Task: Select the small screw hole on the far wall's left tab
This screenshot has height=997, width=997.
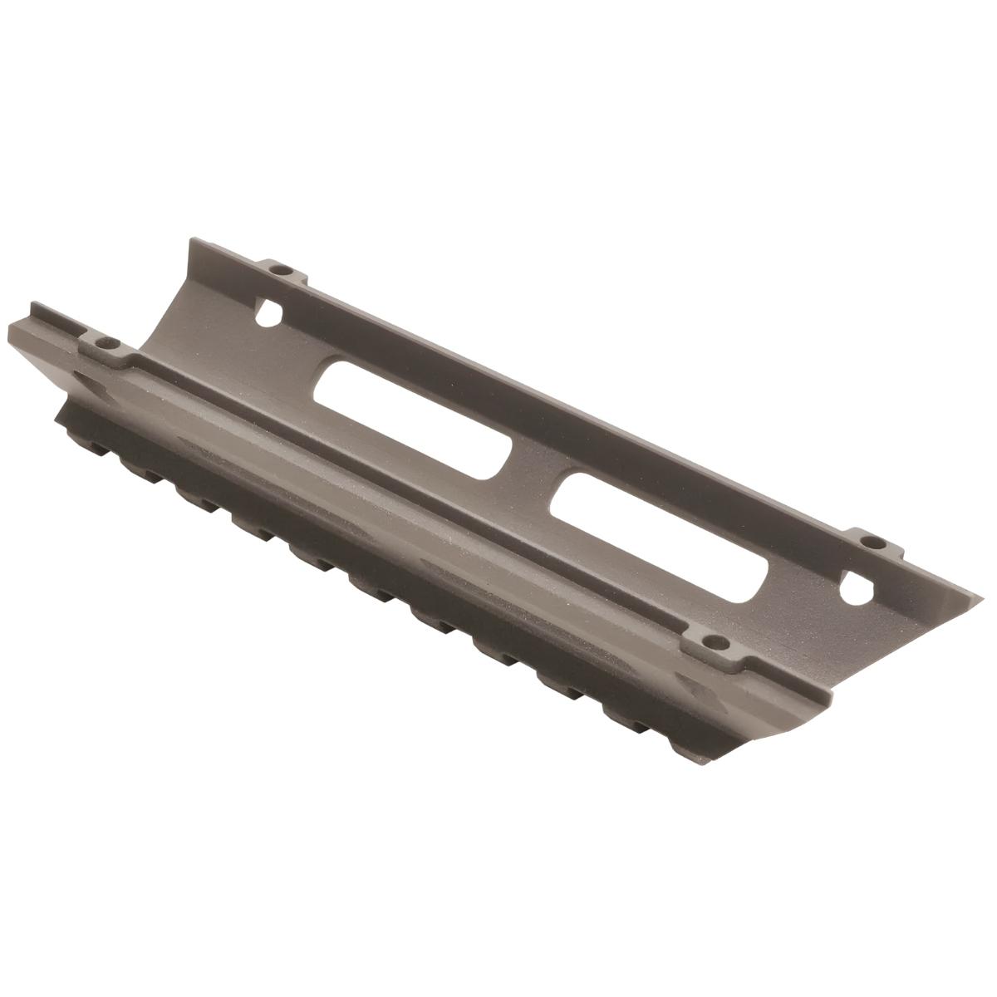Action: click(x=282, y=270)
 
